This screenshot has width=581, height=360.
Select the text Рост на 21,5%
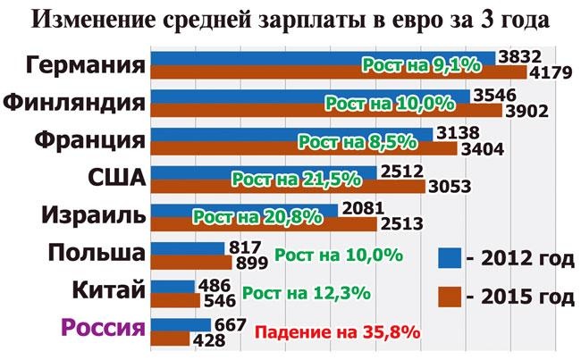(x=296, y=178)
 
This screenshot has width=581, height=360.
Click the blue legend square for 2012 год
(x=450, y=258)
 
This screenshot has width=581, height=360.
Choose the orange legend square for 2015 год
(x=450, y=295)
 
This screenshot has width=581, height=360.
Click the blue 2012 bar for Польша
(x=189, y=248)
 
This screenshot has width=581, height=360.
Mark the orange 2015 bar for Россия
(x=172, y=339)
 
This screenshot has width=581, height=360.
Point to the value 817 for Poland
(x=244, y=247)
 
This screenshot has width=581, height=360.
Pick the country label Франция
(x=90, y=140)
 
